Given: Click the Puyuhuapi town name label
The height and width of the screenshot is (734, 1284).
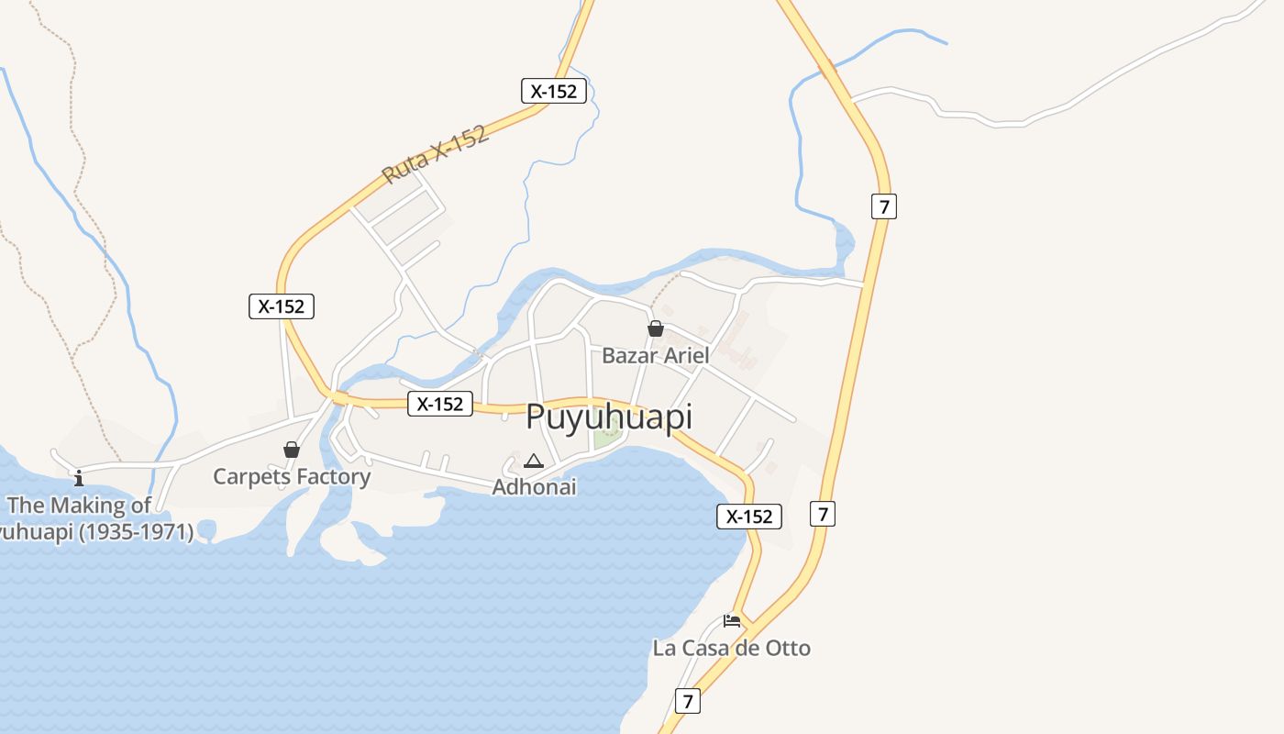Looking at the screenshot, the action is click(x=609, y=417).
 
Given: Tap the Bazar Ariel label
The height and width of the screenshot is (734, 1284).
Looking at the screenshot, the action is click(x=656, y=355).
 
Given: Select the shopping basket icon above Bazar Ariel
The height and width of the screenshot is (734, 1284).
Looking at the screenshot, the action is click(x=656, y=328).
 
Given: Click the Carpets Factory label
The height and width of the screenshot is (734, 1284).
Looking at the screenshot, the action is click(x=292, y=476).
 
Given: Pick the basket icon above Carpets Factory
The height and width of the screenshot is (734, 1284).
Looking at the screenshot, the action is click(x=292, y=450).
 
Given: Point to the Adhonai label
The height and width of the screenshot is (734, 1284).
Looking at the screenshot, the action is click(x=534, y=487).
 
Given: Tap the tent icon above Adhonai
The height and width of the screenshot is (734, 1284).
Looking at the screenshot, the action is click(x=534, y=461).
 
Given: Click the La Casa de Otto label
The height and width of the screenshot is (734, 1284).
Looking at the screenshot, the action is click(x=731, y=648).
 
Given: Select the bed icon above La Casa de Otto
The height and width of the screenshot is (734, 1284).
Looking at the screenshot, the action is click(x=731, y=621).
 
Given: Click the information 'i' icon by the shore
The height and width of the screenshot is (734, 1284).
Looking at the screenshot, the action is click(x=79, y=478).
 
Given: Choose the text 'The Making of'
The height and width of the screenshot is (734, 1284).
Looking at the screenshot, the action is click(x=79, y=505).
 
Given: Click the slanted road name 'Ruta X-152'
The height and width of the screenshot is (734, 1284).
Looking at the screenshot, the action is click(x=434, y=153).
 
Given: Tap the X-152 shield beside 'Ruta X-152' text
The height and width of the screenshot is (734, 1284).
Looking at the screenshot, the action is click(x=554, y=91).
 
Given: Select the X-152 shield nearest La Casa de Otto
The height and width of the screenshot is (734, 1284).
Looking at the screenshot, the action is click(x=748, y=517).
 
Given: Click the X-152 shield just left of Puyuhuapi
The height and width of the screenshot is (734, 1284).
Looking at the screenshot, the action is click(x=440, y=404).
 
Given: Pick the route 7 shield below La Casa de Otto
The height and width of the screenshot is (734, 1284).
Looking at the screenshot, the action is click(x=687, y=701).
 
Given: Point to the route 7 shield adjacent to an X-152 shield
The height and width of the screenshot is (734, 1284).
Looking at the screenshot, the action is click(x=823, y=514).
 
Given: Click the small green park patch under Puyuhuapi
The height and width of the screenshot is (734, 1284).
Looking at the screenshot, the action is click(x=605, y=438).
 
